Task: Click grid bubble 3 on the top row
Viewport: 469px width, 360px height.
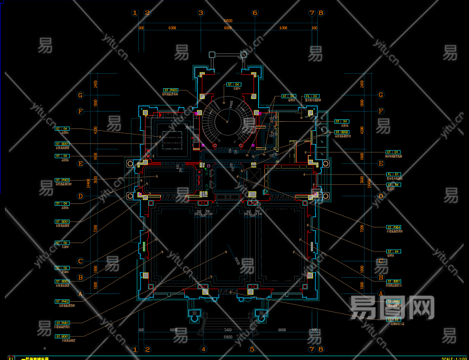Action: click(x=201, y=13)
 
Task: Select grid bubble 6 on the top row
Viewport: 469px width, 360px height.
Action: click(x=255, y=13)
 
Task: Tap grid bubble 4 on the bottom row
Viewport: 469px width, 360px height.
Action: click(x=203, y=349)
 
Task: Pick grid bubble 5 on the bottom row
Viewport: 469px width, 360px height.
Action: click(x=252, y=349)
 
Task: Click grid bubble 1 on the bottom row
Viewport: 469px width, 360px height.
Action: click(x=135, y=349)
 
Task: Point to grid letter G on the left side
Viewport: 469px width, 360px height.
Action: click(x=80, y=95)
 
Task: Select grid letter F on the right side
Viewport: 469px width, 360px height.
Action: click(x=381, y=112)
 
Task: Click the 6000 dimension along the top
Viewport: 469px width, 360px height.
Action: click(x=228, y=28)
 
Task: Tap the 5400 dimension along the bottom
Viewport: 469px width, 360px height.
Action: click(x=228, y=331)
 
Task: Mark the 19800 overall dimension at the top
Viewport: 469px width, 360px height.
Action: click(x=228, y=20)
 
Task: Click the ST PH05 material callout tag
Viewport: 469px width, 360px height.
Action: click(x=171, y=90)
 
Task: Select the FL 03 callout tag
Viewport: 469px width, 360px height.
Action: click(x=311, y=96)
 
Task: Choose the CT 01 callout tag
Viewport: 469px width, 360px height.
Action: click(x=393, y=152)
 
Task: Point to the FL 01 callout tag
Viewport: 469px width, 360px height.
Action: click(x=393, y=174)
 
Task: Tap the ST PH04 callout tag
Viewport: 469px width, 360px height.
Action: click(x=393, y=227)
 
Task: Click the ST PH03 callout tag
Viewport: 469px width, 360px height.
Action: click(x=62, y=179)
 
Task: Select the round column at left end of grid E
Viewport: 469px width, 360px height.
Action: click(x=130, y=163)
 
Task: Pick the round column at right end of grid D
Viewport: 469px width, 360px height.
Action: click(x=326, y=195)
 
